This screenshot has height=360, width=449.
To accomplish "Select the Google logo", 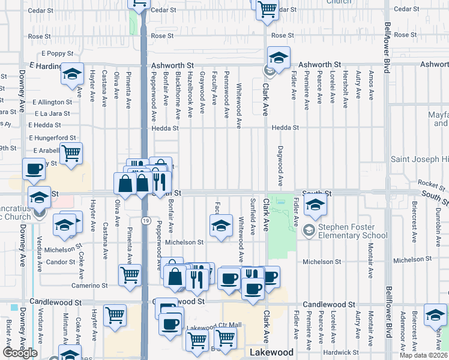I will (20, 353).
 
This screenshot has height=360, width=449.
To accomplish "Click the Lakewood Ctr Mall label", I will (214, 325).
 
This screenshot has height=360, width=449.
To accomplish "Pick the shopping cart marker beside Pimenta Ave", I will (130, 275).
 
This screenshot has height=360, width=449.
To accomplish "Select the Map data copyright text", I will (424, 355).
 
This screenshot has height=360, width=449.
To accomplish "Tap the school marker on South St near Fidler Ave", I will (315, 205).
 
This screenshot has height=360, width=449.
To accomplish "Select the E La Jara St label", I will (53, 113).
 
